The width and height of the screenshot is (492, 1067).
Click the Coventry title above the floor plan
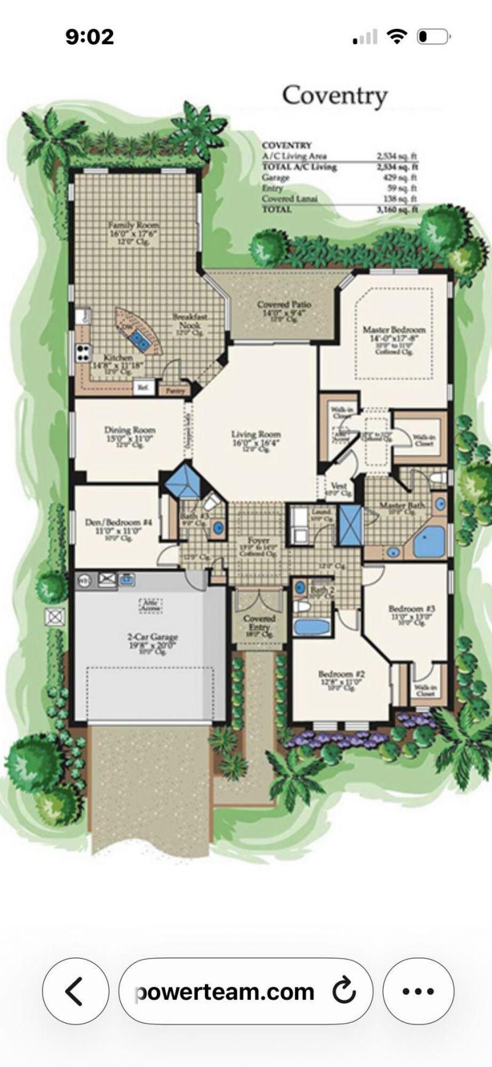pos(335,95)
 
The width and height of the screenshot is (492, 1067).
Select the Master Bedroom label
pos(394,330)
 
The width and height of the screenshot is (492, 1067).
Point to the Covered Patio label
pos(284,304)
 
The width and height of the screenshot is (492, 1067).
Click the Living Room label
pos(256,434)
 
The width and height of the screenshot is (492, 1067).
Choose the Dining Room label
pos(130,430)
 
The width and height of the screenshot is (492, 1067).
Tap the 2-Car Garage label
pos(153,637)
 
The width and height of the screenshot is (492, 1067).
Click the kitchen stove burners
pos(83,352)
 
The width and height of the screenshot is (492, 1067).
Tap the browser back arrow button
pos(74,991)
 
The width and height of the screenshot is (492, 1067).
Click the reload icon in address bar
pos(344,991)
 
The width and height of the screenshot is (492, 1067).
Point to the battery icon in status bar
pos(434,37)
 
